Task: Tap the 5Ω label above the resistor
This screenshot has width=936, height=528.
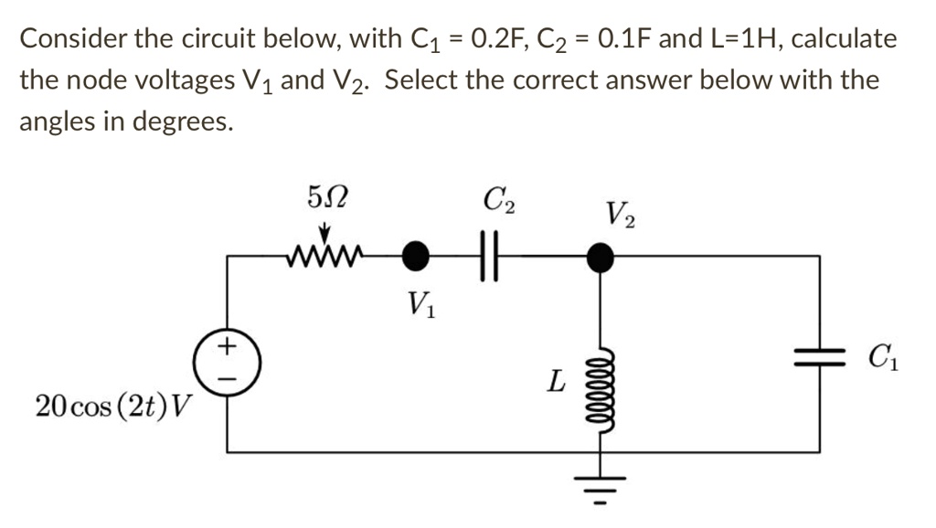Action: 326,195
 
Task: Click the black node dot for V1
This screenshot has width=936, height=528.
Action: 417,256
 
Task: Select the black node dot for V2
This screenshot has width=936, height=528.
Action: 601,256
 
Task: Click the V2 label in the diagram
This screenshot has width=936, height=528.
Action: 622,215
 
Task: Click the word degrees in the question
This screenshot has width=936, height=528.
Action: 182,121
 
